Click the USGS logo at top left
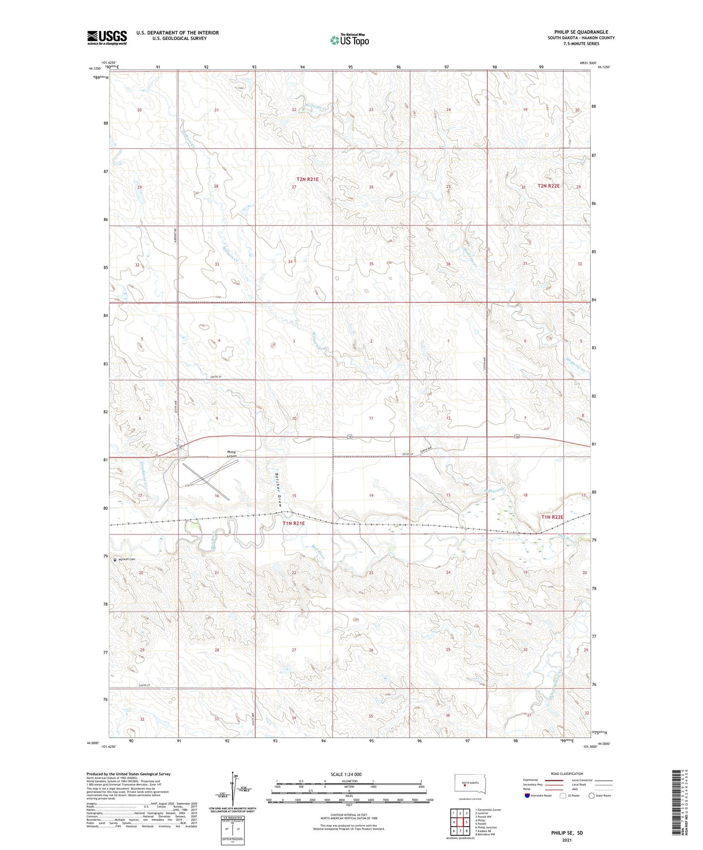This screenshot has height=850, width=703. click(x=107, y=37)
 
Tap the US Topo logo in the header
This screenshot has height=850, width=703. click(x=349, y=40)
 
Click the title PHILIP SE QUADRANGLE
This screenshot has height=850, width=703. click(x=581, y=32)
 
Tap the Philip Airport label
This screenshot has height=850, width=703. click(x=232, y=454)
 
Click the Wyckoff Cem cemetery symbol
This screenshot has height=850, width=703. click(x=115, y=560)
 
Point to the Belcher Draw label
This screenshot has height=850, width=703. click(x=278, y=489)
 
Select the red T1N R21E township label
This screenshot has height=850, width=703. click(x=293, y=523)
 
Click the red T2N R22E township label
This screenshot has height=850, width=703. click(x=549, y=186)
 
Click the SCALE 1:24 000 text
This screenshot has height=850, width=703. click(x=346, y=774)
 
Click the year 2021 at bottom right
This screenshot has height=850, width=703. click(x=567, y=840)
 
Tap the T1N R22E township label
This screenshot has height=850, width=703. click(x=552, y=517)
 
